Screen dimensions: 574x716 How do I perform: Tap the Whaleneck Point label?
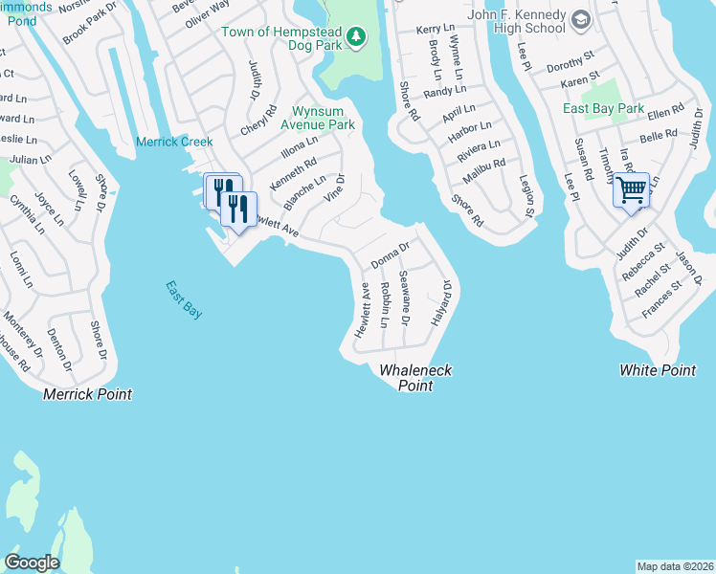(x=415, y=378)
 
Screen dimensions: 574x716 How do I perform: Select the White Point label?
(x=658, y=370)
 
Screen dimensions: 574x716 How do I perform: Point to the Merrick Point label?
(x=87, y=394)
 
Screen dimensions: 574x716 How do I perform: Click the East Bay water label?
(x=183, y=299)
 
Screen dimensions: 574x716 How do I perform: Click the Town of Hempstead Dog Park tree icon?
(x=356, y=36)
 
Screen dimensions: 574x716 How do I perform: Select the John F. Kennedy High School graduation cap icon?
(x=580, y=19)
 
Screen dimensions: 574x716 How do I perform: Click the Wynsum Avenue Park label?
(x=317, y=118)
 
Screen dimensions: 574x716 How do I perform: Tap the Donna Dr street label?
(x=391, y=254)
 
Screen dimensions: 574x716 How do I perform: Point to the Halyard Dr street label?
(x=443, y=301)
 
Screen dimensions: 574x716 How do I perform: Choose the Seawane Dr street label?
(x=404, y=298)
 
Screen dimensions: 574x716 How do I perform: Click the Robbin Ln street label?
(x=384, y=305)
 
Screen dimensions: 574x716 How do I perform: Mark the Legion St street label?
(x=526, y=196)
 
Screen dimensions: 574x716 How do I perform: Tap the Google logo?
(x=31, y=563)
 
